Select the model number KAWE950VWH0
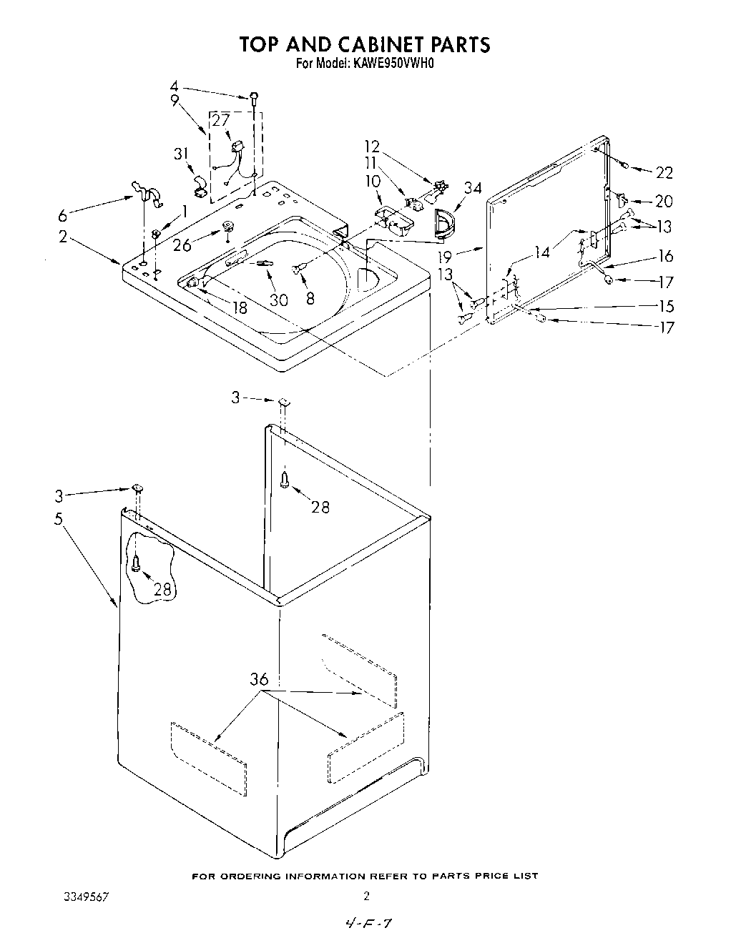pyautogui.click(x=393, y=63)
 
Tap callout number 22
pyautogui.click(x=664, y=172)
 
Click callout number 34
pyautogui.click(x=472, y=188)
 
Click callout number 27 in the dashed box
pyautogui.click(x=220, y=120)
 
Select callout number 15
pyautogui.click(x=666, y=306)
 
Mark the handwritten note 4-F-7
pyautogui.click(x=368, y=924)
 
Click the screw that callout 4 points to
pyautogui.click(x=254, y=97)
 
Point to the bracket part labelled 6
pyautogui.click(x=145, y=192)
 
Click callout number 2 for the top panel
pyautogui.click(x=64, y=237)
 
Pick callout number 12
pyautogui.click(x=372, y=147)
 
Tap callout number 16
pyautogui.click(x=666, y=256)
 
